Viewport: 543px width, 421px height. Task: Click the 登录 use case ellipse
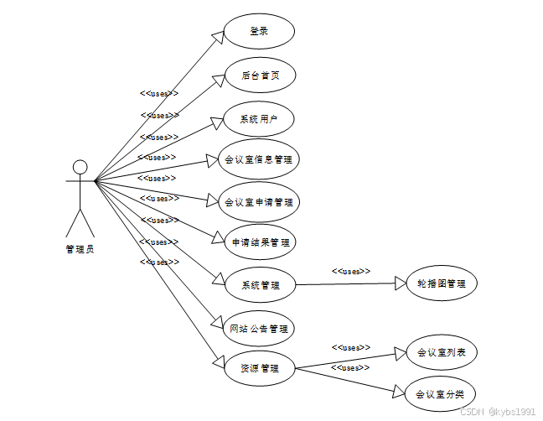(259, 32)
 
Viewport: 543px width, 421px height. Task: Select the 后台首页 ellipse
(260, 75)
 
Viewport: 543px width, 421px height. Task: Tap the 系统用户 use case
(259, 119)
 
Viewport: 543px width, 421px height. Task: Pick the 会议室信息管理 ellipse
(259, 159)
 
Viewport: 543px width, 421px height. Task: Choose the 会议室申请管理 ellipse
(259, 201)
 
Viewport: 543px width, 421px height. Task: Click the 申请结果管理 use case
(261, 242)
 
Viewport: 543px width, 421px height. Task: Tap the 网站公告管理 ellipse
(259, 328)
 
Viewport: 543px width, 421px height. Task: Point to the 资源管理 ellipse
(259, 367)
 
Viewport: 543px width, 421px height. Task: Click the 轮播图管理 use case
(441, 283)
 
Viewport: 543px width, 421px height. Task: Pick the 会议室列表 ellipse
(441, 353)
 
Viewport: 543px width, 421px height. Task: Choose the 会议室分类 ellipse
(441, 393)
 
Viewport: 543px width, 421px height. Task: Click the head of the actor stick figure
(80, 167)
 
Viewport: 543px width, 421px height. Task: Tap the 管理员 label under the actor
(80, 249)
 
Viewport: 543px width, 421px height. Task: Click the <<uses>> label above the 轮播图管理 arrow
(351, 271)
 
